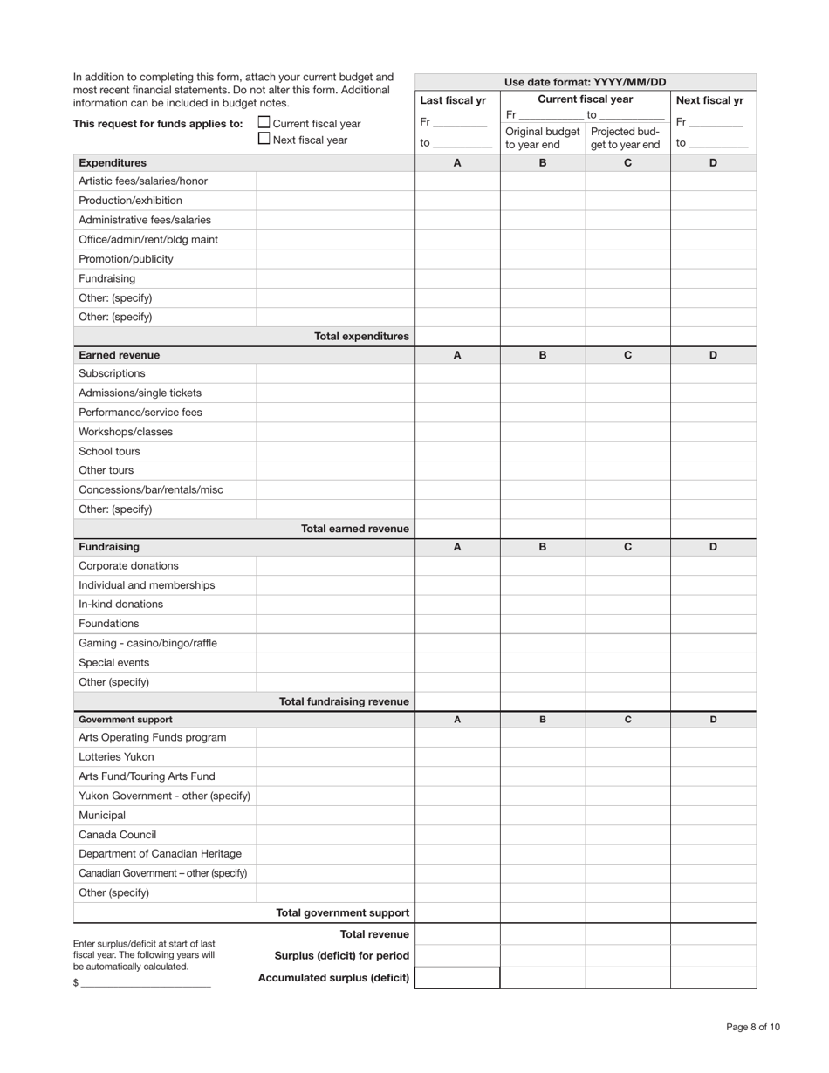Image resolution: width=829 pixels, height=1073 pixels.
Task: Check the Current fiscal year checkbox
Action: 264,123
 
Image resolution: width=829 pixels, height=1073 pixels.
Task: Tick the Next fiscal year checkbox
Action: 264,139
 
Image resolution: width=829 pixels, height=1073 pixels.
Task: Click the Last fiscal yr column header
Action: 453,100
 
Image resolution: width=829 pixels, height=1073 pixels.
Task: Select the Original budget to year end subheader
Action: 542,138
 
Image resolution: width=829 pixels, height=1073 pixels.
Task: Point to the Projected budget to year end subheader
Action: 626,138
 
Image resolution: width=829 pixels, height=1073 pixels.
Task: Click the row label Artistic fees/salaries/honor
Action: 143,181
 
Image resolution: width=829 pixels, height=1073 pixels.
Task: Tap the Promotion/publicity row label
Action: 126,259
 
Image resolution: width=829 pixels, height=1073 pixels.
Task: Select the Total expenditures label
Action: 361,336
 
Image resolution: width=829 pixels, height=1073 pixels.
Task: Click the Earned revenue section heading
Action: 119,355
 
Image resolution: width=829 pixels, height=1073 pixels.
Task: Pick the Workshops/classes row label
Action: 126,432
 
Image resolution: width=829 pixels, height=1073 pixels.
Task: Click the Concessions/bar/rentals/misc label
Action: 151,489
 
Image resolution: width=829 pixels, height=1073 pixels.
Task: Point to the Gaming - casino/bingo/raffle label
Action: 147,643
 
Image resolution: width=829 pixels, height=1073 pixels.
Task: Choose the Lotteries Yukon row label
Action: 116,757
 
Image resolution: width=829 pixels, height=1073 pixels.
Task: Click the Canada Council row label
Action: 118,835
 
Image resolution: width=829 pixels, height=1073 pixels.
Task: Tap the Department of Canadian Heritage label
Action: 160,854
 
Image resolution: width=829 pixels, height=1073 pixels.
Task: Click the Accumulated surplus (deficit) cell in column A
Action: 457,978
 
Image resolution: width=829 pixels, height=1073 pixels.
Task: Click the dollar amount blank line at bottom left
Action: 145,982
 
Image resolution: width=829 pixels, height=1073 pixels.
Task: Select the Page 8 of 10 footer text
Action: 753,1027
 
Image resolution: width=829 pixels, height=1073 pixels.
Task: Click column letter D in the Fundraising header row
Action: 713,547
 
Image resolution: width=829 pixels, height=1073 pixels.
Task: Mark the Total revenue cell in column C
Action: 627,934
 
